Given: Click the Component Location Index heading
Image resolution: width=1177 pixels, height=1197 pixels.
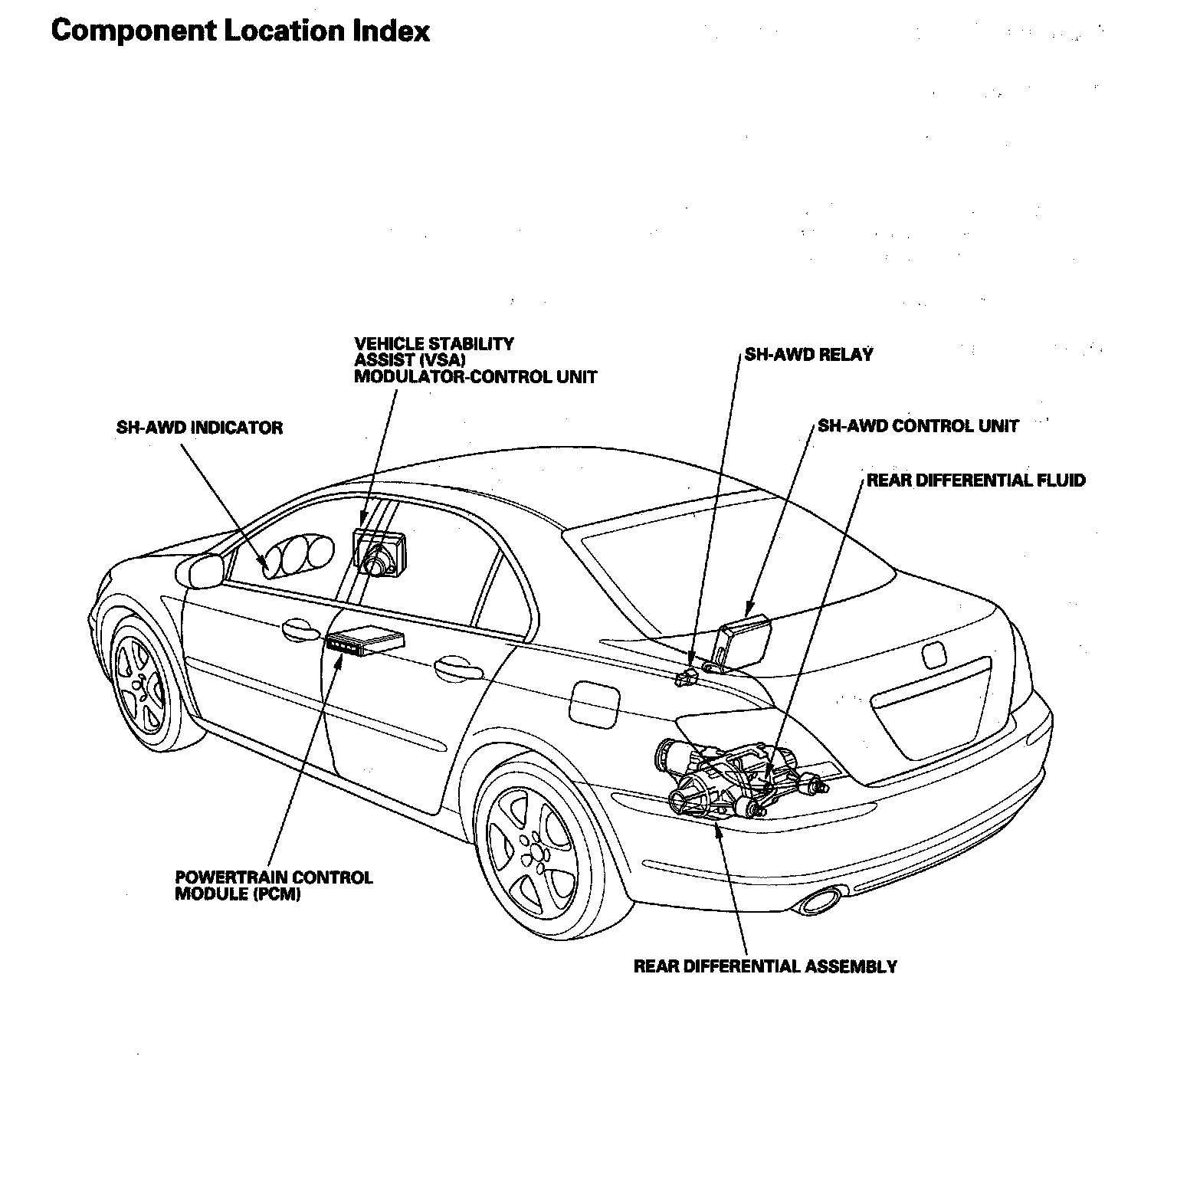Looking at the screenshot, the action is pyautogui.click(x=241, y=31).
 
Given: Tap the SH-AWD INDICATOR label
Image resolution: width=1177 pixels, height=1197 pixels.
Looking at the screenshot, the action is pyautogui.click(x=199, y=428).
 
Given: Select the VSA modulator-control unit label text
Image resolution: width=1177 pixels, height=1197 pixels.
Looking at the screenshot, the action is pyautogui.click(x=475, y=360).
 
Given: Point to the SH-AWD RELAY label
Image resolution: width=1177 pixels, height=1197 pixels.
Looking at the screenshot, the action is pyautogui.click(x=808, y=355).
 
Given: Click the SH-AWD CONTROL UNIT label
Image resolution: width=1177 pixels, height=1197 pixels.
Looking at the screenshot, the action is pyautogui.click(x=918, y=425).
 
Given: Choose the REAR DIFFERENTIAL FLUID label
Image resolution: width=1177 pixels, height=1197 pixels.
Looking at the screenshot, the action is pyautogui.click(x=976, y=480).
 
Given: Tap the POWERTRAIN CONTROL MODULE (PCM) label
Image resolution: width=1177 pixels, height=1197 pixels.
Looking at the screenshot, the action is pyautogui.click(x=274, y=885).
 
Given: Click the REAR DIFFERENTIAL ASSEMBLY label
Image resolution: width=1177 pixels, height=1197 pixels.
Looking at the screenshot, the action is pyautogui.click(x=765, y=966).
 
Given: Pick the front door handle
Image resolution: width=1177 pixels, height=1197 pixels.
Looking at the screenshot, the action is pyautogui.click(x=301, y=629).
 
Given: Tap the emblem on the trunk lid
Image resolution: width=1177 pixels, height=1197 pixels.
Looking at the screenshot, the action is pyautogui.click(x=934, y=657).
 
